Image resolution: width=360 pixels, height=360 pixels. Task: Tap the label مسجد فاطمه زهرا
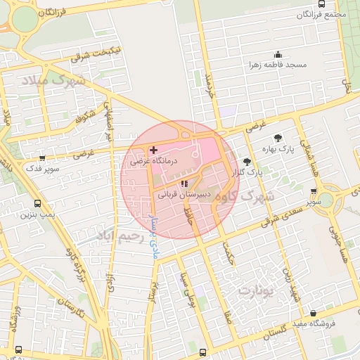click(278, 65)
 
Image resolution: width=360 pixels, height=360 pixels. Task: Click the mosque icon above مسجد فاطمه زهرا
click(278, 55)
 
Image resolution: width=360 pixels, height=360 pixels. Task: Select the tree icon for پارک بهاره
click(278, 138)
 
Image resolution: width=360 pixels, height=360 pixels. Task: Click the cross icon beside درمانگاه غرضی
click(153, 150)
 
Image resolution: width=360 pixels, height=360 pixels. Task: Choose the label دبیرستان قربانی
click(185, 194)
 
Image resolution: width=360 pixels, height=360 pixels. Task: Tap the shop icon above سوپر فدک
click(43, 158)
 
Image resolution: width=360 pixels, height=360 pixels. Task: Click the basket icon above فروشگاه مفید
click(313, 314)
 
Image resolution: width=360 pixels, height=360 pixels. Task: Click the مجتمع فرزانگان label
click(321, 15)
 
